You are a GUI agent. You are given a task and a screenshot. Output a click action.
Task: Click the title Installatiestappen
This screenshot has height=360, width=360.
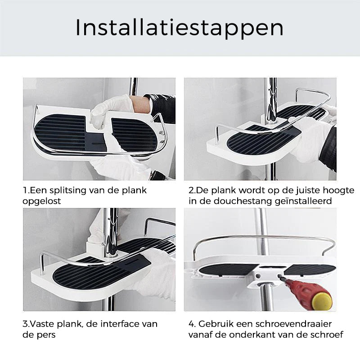179,28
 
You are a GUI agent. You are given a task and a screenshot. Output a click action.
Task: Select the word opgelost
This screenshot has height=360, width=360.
42,201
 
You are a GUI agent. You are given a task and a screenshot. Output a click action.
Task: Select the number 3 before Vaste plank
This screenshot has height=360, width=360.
25,324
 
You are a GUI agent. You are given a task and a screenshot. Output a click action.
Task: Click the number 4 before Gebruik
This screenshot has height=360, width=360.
191,324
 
